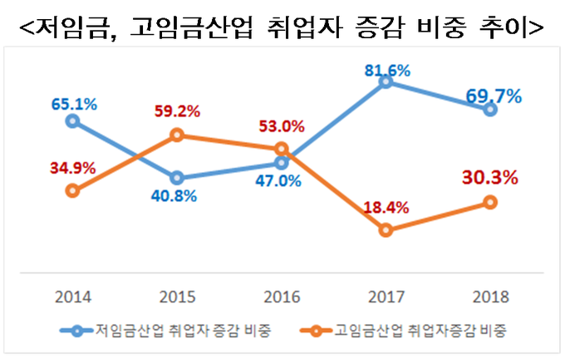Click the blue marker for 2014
(72, 121)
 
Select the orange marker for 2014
(72, 190)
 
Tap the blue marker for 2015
(176, 178)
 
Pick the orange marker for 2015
(176, 135)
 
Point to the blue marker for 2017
(385, 81)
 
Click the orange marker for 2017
(385, 230)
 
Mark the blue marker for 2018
(490, 109)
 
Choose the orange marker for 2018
(490, 202)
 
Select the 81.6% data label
(387, 71)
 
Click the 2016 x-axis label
(281, 296)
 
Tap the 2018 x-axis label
(490, 296)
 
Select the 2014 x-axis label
(72, 296)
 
